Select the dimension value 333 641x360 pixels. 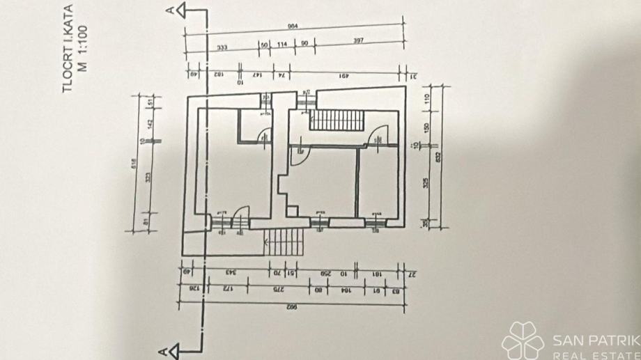(x=222, y=47)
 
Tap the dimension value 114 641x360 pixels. (x=282, y=45)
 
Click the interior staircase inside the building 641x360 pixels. (x=337, y=120)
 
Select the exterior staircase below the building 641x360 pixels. (x=284, y=242)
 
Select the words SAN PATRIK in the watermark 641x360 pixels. (x=596, y=341)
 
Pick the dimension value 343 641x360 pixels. (x=228, y=272)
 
